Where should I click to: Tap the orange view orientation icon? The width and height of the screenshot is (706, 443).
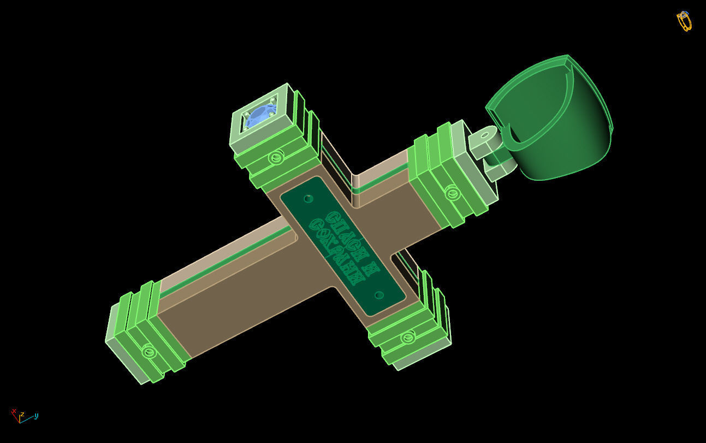tap(684, 21)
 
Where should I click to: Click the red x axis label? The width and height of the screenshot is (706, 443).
tap(14, 411)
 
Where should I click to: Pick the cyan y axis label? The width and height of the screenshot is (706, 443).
tap(36, 416)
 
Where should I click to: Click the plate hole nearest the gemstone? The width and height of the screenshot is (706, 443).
tap(308, 198)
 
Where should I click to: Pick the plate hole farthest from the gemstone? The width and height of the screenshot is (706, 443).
tap(379, 295)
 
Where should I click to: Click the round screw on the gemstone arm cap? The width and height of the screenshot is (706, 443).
tap(275, 158)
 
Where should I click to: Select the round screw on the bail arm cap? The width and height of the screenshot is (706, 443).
tap(451, 192)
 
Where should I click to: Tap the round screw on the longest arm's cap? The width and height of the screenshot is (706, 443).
tap(149, 351)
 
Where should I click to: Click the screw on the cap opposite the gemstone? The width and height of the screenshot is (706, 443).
tap(407, 338)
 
